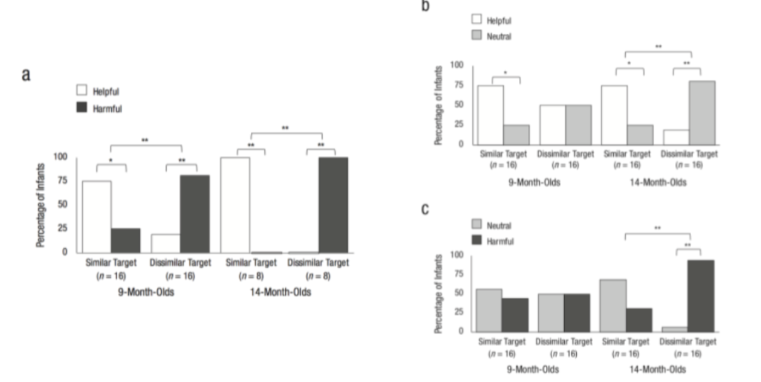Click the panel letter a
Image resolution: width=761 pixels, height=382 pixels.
pyautogui.click(x=26, y=74)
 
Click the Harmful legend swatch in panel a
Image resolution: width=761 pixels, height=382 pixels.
pyautogui.click(x=82, y=108)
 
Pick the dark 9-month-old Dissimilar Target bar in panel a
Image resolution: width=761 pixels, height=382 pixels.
pyautogui.click(x=195, y=214)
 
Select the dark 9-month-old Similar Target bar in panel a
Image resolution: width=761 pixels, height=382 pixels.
pyautogui.click(x=126, y=240)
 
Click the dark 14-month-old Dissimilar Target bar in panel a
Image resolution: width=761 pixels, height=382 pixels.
pyautogui.click(x=333, y=205)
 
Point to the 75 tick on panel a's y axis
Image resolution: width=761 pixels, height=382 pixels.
pyautogui.click(x=61, y=181)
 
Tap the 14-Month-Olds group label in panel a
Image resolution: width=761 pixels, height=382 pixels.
pyautogui.click(x=286, y=292)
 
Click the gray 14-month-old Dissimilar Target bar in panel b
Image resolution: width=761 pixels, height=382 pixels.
pyautogui.click(x=701, y=112)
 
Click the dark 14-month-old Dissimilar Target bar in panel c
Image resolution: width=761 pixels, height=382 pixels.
pyautogui.click(x=701, y=295)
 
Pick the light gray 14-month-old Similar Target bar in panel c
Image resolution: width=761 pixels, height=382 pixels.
pyautogui.click(x=613, y=305)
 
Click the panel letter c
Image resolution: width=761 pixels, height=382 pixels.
pyautogui.click(x=425, y=209)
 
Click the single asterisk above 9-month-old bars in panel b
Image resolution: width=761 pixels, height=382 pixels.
pyautogui.click(x=506, y=73)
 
